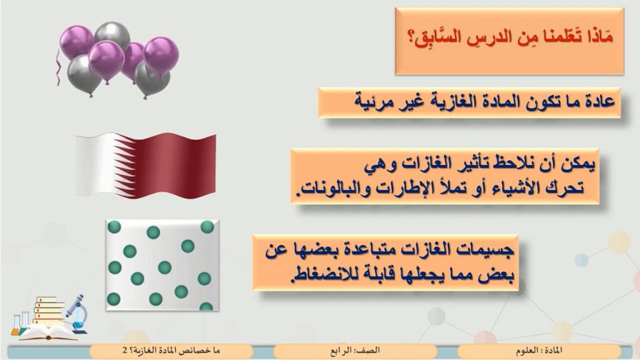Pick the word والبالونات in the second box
(331, 187)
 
